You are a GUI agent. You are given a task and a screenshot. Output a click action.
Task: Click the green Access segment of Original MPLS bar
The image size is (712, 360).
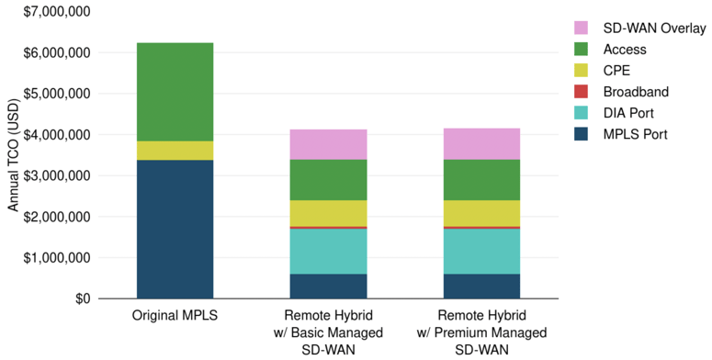point(175,92)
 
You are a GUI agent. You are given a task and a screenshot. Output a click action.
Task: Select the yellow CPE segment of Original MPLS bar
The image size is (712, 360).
point(175,151)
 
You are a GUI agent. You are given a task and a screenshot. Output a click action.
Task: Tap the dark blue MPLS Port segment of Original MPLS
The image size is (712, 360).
point(175,230)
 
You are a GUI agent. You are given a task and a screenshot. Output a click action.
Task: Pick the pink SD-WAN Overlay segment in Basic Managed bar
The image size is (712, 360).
point(328,144)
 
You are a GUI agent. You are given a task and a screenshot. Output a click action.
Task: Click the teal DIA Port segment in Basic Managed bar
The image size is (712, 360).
point(328,251)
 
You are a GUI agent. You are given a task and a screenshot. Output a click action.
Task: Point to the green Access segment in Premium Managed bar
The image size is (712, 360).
point(481,180)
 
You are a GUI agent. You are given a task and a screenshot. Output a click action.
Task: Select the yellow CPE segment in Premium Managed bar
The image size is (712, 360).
point(481,213)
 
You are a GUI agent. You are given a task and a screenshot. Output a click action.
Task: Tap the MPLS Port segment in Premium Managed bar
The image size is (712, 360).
point(481,286)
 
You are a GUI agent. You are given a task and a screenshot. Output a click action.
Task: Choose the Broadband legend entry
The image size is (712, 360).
point(636,92)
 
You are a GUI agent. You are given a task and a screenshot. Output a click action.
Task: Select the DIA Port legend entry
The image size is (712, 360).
point(632,113)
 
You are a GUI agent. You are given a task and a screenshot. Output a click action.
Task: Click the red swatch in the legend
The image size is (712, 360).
point(582,92)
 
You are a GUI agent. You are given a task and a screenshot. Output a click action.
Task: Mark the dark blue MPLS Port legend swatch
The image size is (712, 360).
point(582,134)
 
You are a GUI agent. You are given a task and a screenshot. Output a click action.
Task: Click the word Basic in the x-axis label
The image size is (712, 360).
point(316,332)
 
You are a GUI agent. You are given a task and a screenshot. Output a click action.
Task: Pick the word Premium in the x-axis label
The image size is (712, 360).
point(471,332)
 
